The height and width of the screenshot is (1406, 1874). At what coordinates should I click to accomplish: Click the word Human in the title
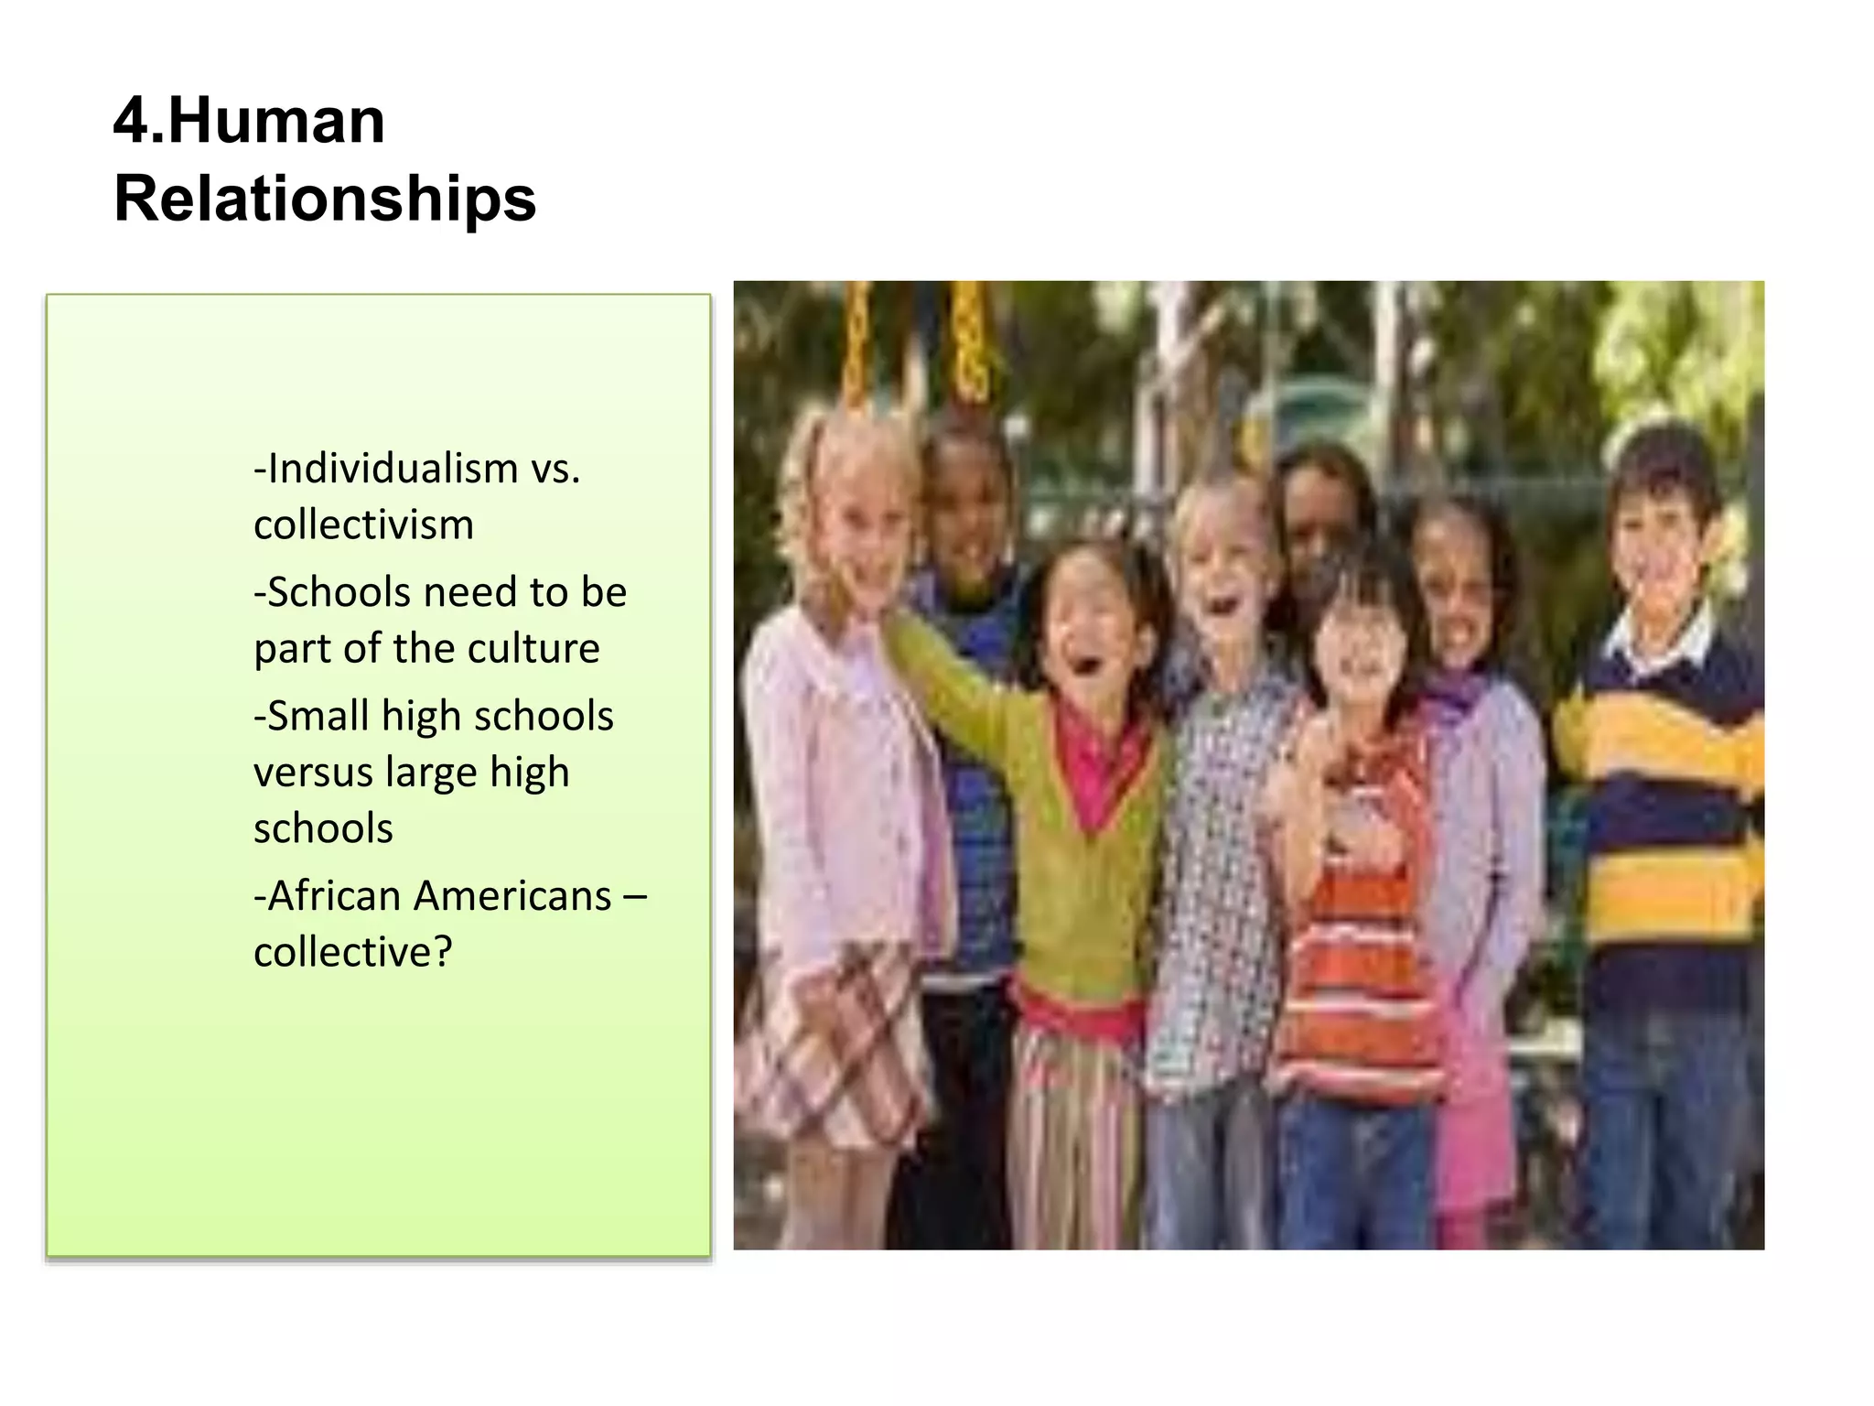[x=276, y=121]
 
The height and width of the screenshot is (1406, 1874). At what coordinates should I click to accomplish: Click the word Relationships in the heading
[x=325, y=199]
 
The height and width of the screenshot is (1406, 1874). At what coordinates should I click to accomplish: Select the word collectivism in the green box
[x=363, y=525]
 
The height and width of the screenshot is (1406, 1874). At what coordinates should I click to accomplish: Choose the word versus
[x=312, y=773]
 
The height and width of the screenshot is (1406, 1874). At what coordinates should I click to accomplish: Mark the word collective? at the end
[x=353, y=952]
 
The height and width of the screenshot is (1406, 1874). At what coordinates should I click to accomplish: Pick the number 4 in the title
[x=129, y=121]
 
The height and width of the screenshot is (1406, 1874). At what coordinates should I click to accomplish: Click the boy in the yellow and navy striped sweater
[x=1656, y=824]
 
